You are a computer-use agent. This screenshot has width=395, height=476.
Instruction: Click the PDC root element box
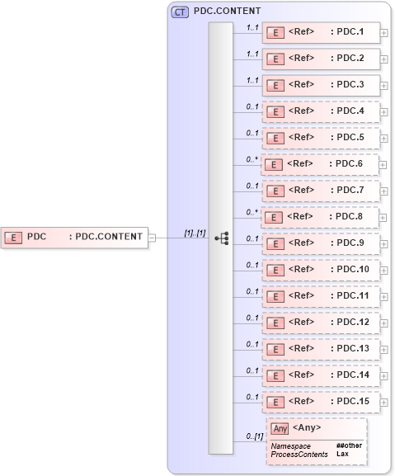74,238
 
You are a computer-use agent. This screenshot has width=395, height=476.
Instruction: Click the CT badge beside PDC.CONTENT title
179,12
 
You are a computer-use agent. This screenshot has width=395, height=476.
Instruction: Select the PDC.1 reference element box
321,32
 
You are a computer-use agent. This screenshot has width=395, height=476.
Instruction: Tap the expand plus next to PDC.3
384,85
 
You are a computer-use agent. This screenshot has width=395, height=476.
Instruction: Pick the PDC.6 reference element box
319,164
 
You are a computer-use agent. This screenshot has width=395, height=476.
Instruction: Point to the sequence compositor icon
221,238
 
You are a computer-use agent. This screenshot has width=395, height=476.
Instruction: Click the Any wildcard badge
280,427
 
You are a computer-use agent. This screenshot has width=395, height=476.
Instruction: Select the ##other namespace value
349,445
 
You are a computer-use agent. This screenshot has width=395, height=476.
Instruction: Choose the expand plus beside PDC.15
384,402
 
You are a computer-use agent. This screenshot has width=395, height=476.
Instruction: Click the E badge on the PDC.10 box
278,270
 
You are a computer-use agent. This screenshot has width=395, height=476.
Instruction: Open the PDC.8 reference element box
319,217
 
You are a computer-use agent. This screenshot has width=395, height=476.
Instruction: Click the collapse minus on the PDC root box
151,238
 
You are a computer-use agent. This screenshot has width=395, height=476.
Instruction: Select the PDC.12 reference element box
321,323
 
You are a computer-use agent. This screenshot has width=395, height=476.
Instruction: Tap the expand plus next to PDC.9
384,243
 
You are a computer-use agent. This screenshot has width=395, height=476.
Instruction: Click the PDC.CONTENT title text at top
227,12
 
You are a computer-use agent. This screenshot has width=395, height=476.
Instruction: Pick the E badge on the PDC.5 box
278,138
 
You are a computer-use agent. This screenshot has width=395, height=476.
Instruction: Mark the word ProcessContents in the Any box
299,455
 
